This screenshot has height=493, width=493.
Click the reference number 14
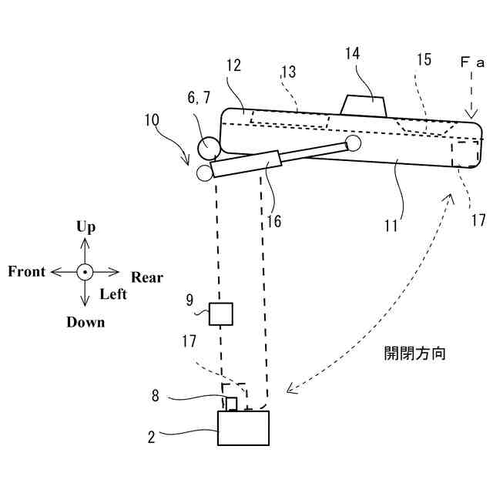pyautogui.click(x=352, y=54)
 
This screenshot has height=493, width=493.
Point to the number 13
pyautogui.click(x=288, y=72)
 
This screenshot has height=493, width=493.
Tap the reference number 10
pyautogui.click(x=152, y=120)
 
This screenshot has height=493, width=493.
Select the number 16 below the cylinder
pyautogui.click(x=273, y=221)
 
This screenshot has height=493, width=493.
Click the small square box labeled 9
pyautogui.click(x=221, y=314)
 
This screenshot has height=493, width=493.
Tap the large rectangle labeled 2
pyautogui.click(x=243, y=428)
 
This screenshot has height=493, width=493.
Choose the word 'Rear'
pyautogui.click(x=147, y=277)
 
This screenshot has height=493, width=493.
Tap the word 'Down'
pyautogui.click(x=86, y=322)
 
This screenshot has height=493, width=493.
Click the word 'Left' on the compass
pyautogui.click(x=113, y=294)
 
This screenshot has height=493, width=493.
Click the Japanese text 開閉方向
pyautogui.click(x=414, y=354)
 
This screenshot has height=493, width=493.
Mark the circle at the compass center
pyautogui.click(x=85, y=272)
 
